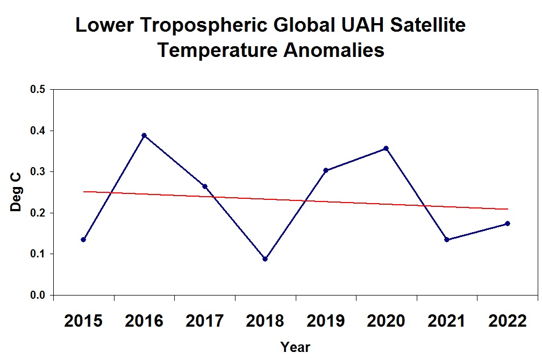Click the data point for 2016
tap(144, 135)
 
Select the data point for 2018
tap(265, 259)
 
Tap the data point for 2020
tap(386, 148)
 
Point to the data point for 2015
tap(83, 240)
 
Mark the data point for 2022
tap(508, 224)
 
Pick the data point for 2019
tap(326, 170)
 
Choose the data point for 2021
tap(447, 240)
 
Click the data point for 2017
tap(204, 186)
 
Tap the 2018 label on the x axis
tap(265, 321)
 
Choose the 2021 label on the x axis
tap(447, 321)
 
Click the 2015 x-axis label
tap(83, 321)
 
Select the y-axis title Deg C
tap(16, 192)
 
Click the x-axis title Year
tap(295, 347)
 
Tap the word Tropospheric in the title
tap(203, 26)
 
